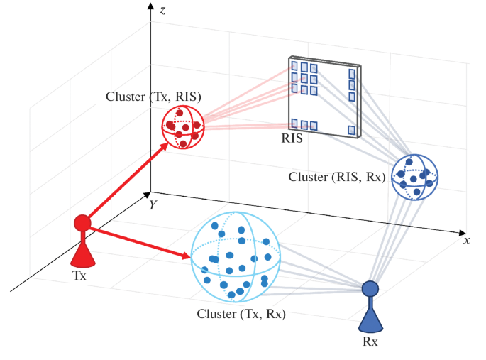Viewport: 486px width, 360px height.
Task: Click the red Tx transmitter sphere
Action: (x=82, y=223)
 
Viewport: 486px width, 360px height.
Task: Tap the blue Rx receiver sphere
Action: (x=370, y=288)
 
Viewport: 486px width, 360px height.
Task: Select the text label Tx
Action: (x=79, y=276)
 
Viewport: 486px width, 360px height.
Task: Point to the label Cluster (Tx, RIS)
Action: (x=153, y=97)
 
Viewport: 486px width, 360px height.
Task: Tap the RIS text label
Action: (x=291, y=139)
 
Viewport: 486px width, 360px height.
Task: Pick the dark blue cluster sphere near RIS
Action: (x=415, y=176)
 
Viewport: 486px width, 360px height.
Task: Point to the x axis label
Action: (x=467, y=240)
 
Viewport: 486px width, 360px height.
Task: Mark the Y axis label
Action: (x=152, y=204)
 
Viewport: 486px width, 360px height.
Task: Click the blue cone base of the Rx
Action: (x=370, y=319)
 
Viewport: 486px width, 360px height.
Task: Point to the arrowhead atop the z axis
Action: (x=150, y=6)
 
